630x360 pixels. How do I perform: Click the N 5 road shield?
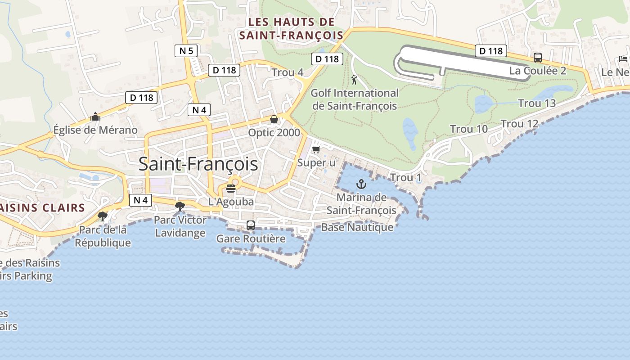click(x=186, y=51)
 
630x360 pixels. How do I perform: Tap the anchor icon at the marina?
click(x=361, y=184)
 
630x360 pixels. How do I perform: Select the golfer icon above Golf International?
click(x=354, y=80)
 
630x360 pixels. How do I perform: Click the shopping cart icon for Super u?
click(x=316, y=149)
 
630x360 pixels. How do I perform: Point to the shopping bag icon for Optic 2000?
click(x=274, y=119)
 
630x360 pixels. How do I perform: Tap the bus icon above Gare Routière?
click(x=251, y=225)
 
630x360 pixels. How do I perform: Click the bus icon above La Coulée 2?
click(x=538, y=57)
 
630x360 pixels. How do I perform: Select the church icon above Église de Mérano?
click(x=95, y=117)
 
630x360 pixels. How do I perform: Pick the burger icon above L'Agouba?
click(x=231, y=188)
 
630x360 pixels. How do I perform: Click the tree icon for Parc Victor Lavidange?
click(x=180, y=207)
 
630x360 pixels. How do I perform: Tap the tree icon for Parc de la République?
click(x=103, y=216)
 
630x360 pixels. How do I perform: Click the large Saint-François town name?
click(x=198, y=164)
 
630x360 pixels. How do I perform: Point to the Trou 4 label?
click(x=288, y=72)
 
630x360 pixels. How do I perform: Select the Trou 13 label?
click(x=537, y=103)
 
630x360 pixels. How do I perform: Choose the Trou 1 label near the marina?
click(x=406, y=178)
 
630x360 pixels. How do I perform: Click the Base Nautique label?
click(x=357, y=227)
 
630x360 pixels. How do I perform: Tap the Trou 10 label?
click(x=469, y=129)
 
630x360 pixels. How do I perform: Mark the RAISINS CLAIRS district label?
click(x=42, y=208)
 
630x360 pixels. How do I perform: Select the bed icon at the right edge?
click(x=623, y=58)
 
